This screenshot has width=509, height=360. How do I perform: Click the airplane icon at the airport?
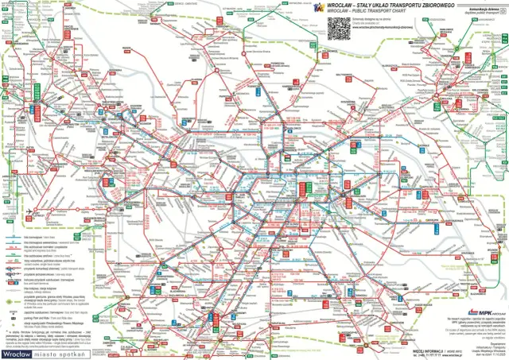(29, 210)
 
